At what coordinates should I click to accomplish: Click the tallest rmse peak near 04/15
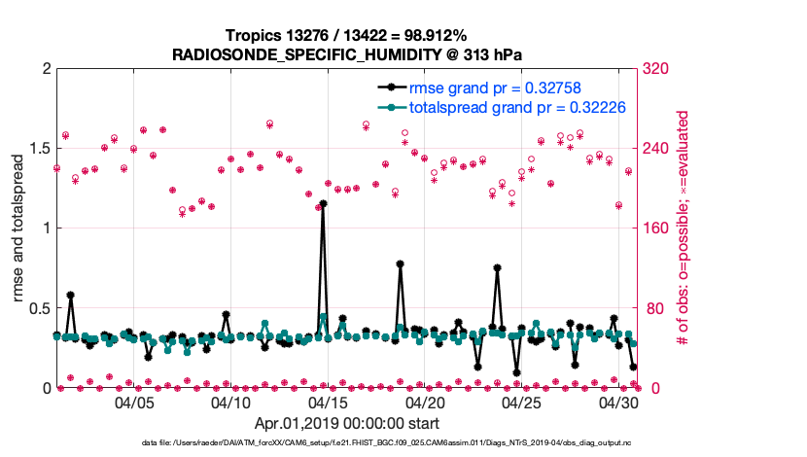coord(323,204)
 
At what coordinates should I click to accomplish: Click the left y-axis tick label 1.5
coord(39,149)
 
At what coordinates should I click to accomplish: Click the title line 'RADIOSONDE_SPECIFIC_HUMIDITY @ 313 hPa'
coord(347,54)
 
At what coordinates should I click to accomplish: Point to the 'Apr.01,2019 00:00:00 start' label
coord(346,424)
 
